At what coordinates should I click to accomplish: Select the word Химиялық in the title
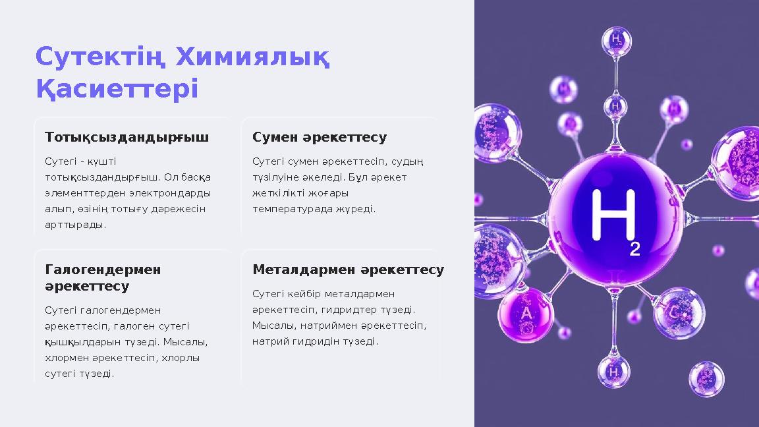252,58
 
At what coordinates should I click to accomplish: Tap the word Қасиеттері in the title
117,89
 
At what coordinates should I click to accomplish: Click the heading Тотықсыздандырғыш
126,137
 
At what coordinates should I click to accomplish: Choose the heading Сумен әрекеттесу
320,137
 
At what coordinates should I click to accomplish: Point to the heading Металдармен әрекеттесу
348,270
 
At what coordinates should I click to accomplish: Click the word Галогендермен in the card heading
103,270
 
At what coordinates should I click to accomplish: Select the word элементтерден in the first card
81,193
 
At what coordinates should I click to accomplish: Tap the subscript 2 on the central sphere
634,248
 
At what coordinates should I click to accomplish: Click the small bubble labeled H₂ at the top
617,40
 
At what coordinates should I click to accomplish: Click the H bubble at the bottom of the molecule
613,372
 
